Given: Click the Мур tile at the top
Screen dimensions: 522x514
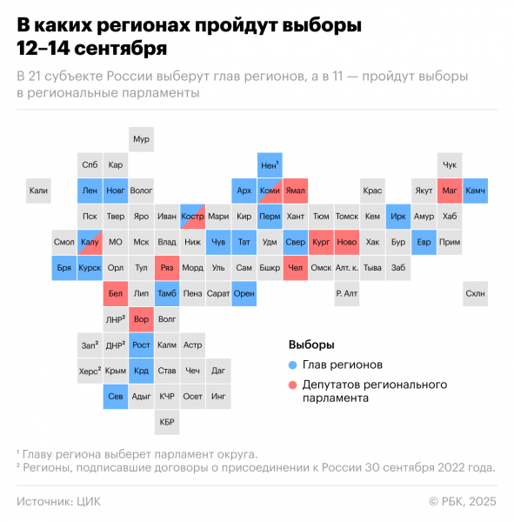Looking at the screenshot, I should click(141, 139).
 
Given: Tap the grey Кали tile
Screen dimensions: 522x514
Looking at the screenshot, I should click(38, 190).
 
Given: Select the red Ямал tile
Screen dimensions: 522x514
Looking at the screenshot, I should click(296, 190).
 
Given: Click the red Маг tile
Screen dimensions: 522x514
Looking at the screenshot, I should click(450, 190).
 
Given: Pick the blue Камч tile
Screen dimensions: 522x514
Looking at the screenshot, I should click(476, 190).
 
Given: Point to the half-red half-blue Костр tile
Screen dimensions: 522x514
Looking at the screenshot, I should click(192, 216).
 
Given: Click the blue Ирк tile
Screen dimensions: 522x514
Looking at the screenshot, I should click(398, 216).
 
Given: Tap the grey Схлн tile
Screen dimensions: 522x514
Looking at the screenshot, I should click(476, 294).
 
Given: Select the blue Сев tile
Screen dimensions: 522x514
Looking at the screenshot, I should click(116, 397).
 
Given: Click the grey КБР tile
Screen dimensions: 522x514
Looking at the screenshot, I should click(167, 423).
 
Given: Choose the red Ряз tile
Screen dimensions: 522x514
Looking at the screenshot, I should click(167, 268).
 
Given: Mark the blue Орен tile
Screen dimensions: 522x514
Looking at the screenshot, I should click(244, 294).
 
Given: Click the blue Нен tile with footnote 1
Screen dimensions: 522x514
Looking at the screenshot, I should click(270, 164).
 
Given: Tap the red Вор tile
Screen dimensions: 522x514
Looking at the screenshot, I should click(141, 319).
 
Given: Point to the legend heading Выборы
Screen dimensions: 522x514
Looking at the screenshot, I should click(310, 345).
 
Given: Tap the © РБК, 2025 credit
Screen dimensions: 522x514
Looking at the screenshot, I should click(463, 501).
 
